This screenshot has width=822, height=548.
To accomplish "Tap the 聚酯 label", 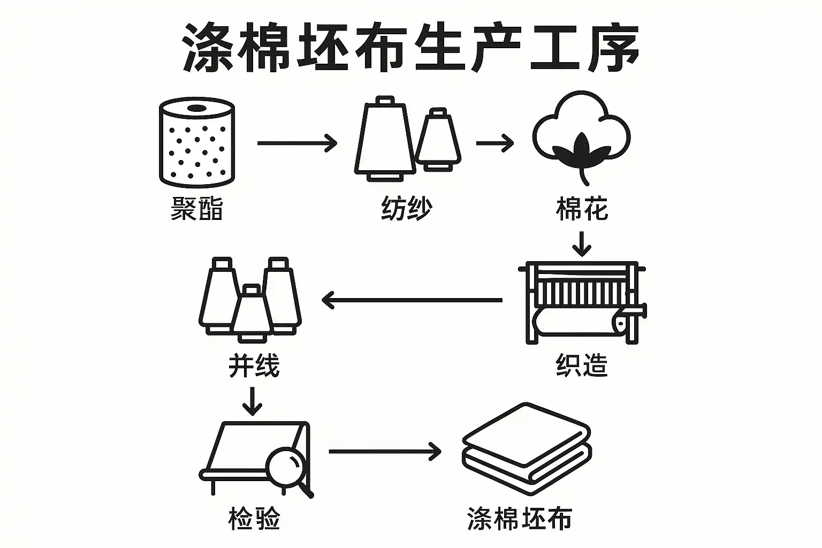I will [196, 208].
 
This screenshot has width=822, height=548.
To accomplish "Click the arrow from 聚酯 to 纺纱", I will [297, 143].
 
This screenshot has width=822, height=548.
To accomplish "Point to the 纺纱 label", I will [406, 208].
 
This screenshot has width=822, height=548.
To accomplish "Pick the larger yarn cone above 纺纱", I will [384, 138].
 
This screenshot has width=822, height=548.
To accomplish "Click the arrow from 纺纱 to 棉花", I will [494, 143].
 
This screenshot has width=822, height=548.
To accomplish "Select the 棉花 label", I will [582, 208].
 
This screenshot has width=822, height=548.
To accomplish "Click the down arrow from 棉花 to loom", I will [582, 244].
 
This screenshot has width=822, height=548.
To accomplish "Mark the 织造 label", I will [582, 366].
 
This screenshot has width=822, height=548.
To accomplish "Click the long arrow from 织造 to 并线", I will [412, 300].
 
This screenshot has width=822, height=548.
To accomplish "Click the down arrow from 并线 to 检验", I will [252, 401].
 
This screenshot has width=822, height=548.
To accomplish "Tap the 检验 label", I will [254, 518].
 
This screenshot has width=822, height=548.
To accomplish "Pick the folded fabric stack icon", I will [527, 448].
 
